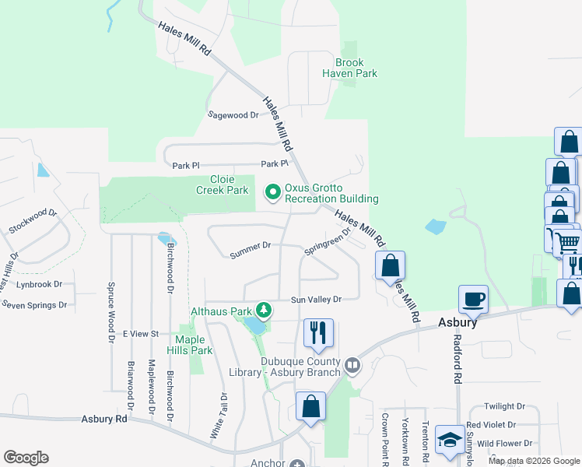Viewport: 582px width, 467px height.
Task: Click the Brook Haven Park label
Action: [356, 68]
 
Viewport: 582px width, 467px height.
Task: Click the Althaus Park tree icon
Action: [265, 311]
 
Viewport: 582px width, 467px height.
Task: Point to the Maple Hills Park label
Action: [194, 345]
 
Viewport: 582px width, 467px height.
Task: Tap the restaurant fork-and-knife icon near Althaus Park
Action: [317, 332]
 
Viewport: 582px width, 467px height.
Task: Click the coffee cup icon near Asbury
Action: [473, 299]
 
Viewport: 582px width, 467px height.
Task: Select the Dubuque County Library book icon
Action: [352, 365]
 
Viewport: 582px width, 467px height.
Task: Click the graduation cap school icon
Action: [451, 441]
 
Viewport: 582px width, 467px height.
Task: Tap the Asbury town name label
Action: [457, 322]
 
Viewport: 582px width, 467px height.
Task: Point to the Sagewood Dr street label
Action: [233, 114]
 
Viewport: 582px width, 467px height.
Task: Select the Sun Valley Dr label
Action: [316, 300]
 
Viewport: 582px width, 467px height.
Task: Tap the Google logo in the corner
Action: [26, 458]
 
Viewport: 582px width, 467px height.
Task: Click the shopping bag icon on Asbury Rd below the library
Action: [310, 407]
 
